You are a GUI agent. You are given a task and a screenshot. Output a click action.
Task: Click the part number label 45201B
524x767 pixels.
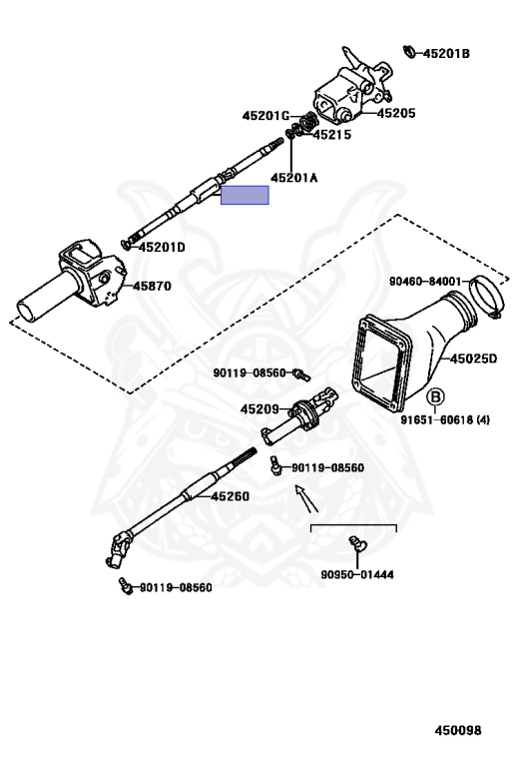tap(446, 53)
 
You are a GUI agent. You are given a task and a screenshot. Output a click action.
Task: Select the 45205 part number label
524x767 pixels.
tap(396, 113)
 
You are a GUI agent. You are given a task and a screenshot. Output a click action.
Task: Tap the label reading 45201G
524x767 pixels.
tap(265, 116)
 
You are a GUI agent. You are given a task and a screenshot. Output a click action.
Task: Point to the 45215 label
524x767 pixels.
tap(332, 135)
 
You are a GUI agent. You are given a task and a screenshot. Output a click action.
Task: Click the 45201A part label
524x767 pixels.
tap(294, 178)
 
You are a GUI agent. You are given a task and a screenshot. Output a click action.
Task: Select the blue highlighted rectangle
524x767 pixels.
tap(245, 195)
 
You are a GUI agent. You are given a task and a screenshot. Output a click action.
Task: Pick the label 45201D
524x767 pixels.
tap(162, 247)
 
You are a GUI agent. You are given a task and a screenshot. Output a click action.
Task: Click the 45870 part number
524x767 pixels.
tap(152, 286)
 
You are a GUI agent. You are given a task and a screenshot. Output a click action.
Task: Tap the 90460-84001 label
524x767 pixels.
tap(425, 282)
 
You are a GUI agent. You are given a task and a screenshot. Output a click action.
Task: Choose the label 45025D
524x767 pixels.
tap(473, 359)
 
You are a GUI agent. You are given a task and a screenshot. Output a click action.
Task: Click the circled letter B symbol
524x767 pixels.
tap(435, 396)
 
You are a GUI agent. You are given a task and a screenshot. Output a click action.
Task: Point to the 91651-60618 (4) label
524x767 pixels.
tap(445, 419)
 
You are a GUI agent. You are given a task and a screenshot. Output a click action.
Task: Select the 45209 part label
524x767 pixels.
tap(260, 408)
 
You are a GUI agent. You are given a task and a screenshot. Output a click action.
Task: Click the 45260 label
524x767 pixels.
tap(231, 496)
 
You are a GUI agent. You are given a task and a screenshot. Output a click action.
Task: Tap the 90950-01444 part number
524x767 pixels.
tap(357, 574)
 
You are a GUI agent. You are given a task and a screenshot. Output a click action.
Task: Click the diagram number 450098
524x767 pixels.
tap(458, 730)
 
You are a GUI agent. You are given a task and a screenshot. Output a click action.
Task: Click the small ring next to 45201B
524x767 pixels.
tap(409, 51)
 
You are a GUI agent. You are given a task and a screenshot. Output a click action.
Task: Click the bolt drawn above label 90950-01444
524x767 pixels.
tap(357, 544)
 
